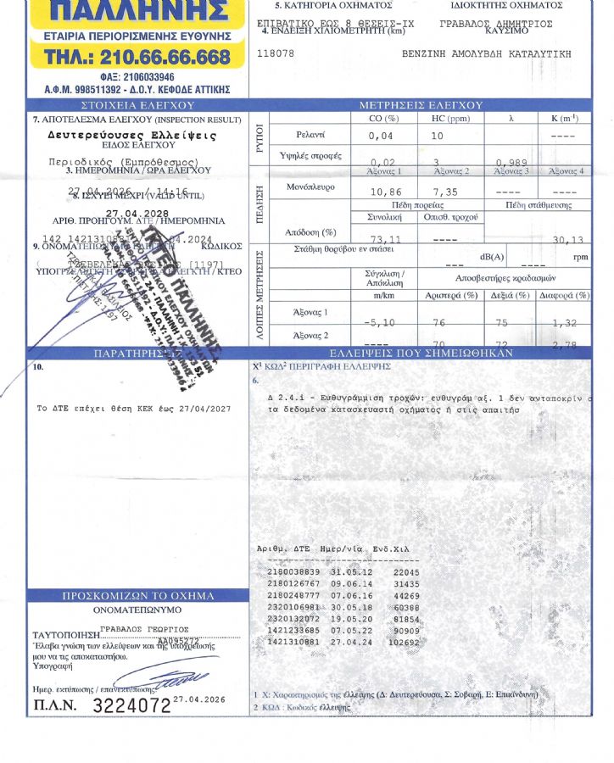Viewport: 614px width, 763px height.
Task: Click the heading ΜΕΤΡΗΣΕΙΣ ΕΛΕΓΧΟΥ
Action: tap(421, 105)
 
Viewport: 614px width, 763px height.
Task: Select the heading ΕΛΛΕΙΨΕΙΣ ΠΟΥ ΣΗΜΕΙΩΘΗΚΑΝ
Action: tap(421, 353)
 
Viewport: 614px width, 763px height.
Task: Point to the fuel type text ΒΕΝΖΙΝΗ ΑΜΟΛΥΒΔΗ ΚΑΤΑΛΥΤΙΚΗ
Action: tap(485, 53)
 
